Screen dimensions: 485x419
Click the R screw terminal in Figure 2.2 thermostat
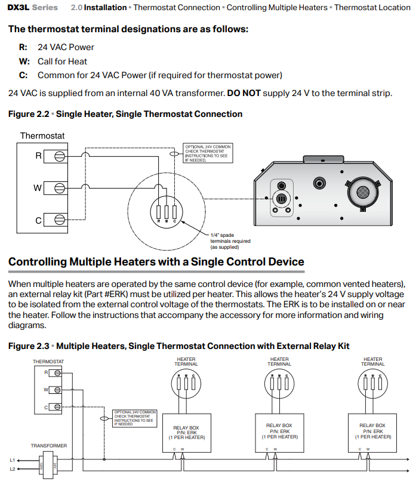point(59,156)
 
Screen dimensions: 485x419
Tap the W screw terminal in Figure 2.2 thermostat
point(59,187)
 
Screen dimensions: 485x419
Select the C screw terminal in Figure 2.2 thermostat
point(59,220)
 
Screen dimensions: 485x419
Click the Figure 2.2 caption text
point(125,114)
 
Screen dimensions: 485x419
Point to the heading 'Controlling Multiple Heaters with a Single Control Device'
point(156,262)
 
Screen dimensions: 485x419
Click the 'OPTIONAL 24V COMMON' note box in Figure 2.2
point(207,153)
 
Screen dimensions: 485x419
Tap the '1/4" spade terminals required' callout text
point(230,241)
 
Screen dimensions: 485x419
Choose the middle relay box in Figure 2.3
point(279,431)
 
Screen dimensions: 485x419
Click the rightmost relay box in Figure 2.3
point(372,431)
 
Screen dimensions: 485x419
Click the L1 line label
point(13,460)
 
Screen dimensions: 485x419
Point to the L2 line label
point(13,469)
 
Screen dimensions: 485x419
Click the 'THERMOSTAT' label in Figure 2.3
point(48,362)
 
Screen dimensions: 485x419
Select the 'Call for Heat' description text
point(62,61)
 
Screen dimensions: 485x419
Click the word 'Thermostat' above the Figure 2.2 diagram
point(42,136)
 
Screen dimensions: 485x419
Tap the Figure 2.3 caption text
point(178,346)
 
